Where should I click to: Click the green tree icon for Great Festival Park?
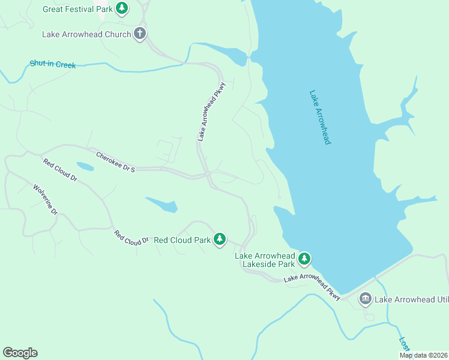pyautogui.click(x=122, y=8)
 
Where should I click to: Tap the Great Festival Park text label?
pyautogui.click(x=77, y=9)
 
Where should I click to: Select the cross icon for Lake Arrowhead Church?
pyautogui.click(x=140, y=34)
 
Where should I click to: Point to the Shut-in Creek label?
pyautogui.click(x=53, y=64)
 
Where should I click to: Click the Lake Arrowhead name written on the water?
pyautogui.click(x=320, y=117)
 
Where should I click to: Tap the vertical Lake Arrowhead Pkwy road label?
pyautogui.click(x=210, y=112)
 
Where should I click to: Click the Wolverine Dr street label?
pyautogui.click(x=45, y=200)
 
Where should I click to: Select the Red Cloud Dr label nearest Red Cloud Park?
pyautogui.click(x=131, y=238)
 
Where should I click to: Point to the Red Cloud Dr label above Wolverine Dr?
pyautogui.click(x=60, y=170)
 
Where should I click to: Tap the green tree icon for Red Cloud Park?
pyautogui.click(x=220, y=239)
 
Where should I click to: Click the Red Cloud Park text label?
pyautogui.click(x=182, y=240)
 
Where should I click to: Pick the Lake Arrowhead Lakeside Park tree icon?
pyautogui.click(x=305, y=259)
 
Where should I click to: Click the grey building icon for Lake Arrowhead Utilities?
pyautogui.click(x=365, y=299)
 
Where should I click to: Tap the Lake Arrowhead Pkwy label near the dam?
pyautogui.click(x=312, y=286)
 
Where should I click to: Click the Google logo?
pyautogui.click(x=20, y=353)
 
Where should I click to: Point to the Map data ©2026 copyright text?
pyautogui.click(x=423, y=355)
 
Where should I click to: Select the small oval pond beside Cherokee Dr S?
pyautogui.click(x=85, y=166)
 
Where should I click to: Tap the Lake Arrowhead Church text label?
pyautogui.click(x=86, y=34)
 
